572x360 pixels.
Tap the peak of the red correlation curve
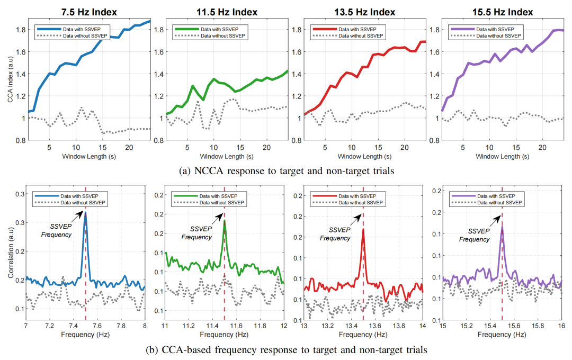pos(363,229)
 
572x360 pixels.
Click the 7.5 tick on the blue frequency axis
pos(85,327)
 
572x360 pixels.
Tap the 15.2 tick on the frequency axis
pos(467,327)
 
